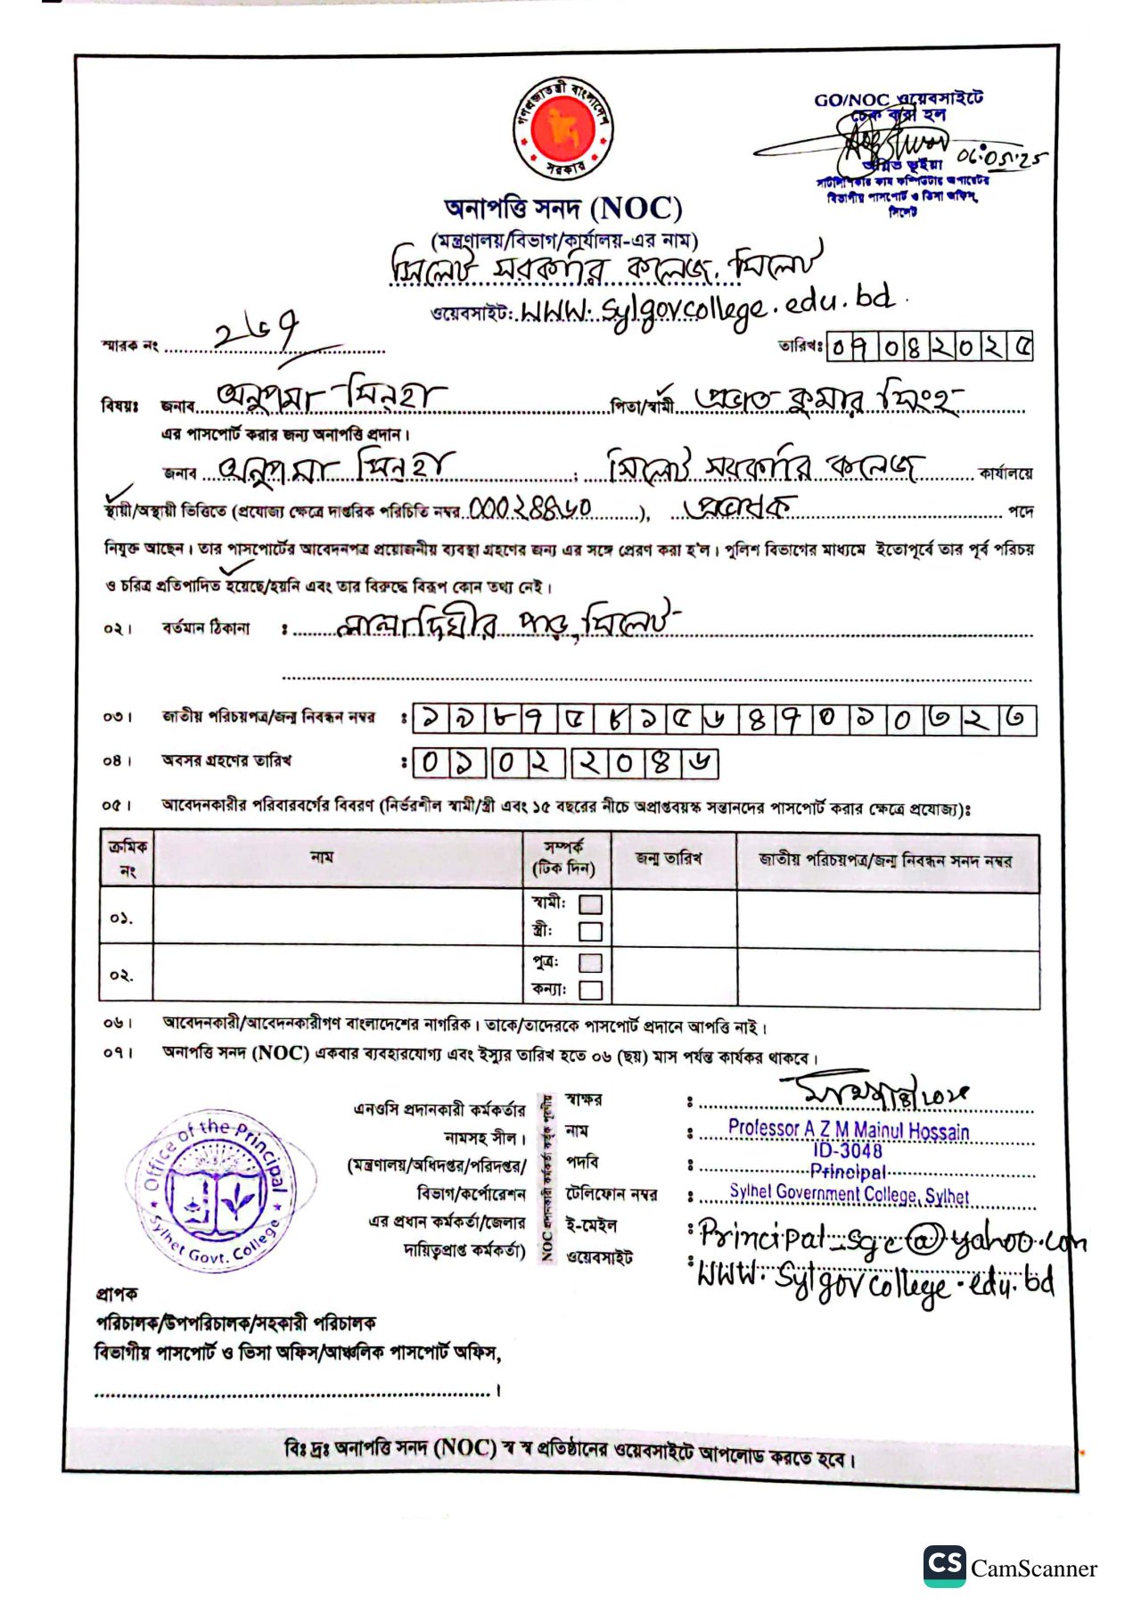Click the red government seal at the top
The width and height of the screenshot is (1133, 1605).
(x=563, y=129)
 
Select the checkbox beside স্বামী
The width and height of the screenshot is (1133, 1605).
(x=590, y=904)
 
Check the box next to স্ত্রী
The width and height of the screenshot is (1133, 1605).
(x=590, y=932)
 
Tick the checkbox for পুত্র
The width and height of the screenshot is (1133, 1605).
(x=590, y=962)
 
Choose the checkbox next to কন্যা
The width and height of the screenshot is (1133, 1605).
(x=590, y=990)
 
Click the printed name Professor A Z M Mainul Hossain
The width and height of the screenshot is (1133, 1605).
(x=848, y=1130)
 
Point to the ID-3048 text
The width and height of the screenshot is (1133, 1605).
(x=847, y=1150)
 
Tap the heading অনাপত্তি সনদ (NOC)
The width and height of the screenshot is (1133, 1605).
(x=563, y=209)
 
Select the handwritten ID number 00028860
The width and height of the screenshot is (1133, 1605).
(x=530, y=508)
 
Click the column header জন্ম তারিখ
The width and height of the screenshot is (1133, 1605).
(x=669, y=859)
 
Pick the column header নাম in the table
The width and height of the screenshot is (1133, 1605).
(x=322, y=857)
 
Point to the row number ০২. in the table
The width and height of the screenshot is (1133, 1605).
(x=122, y=975)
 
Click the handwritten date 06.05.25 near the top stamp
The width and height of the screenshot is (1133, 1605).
(x=1000, y=159)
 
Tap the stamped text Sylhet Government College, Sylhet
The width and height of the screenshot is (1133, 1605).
(x=849, y=1193)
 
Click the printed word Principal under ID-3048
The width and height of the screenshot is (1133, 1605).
(x=848, y=1172)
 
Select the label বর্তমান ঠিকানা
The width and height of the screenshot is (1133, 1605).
(x=206, y=628)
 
